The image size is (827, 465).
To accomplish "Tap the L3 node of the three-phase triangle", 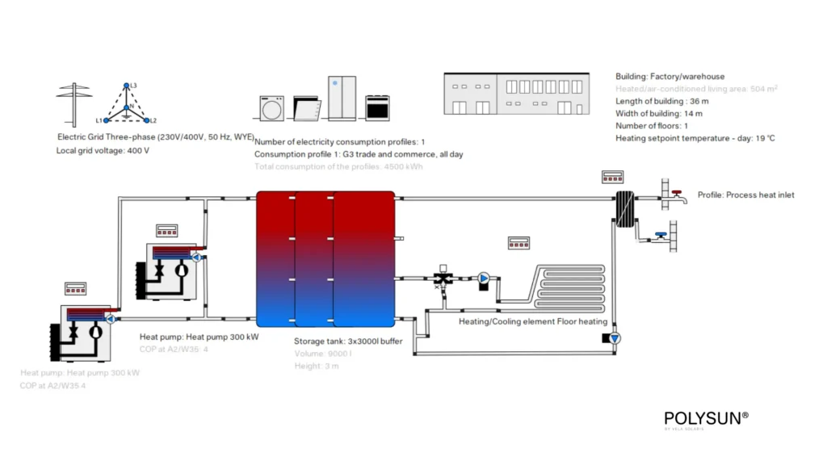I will (125, 86).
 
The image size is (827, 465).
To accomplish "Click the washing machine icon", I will (271, 107).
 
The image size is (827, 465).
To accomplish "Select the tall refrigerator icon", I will (342, 98).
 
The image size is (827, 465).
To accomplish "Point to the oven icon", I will (377, 107).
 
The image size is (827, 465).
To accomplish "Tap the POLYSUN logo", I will (706, 418).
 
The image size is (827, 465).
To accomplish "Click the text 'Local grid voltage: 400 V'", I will (103, 151).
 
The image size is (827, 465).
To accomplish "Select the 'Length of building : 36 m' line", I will (662, 101).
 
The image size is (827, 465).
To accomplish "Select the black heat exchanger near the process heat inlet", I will (623, 209).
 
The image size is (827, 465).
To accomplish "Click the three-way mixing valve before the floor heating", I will (443, 279).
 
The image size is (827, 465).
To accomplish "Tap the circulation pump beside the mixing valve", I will (484, 279).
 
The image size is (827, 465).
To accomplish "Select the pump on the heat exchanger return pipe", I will (615, 338).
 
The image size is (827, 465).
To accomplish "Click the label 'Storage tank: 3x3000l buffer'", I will (348, 341).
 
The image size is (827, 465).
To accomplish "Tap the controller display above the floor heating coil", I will (518, 242).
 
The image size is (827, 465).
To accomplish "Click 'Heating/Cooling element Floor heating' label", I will (533, 321).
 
